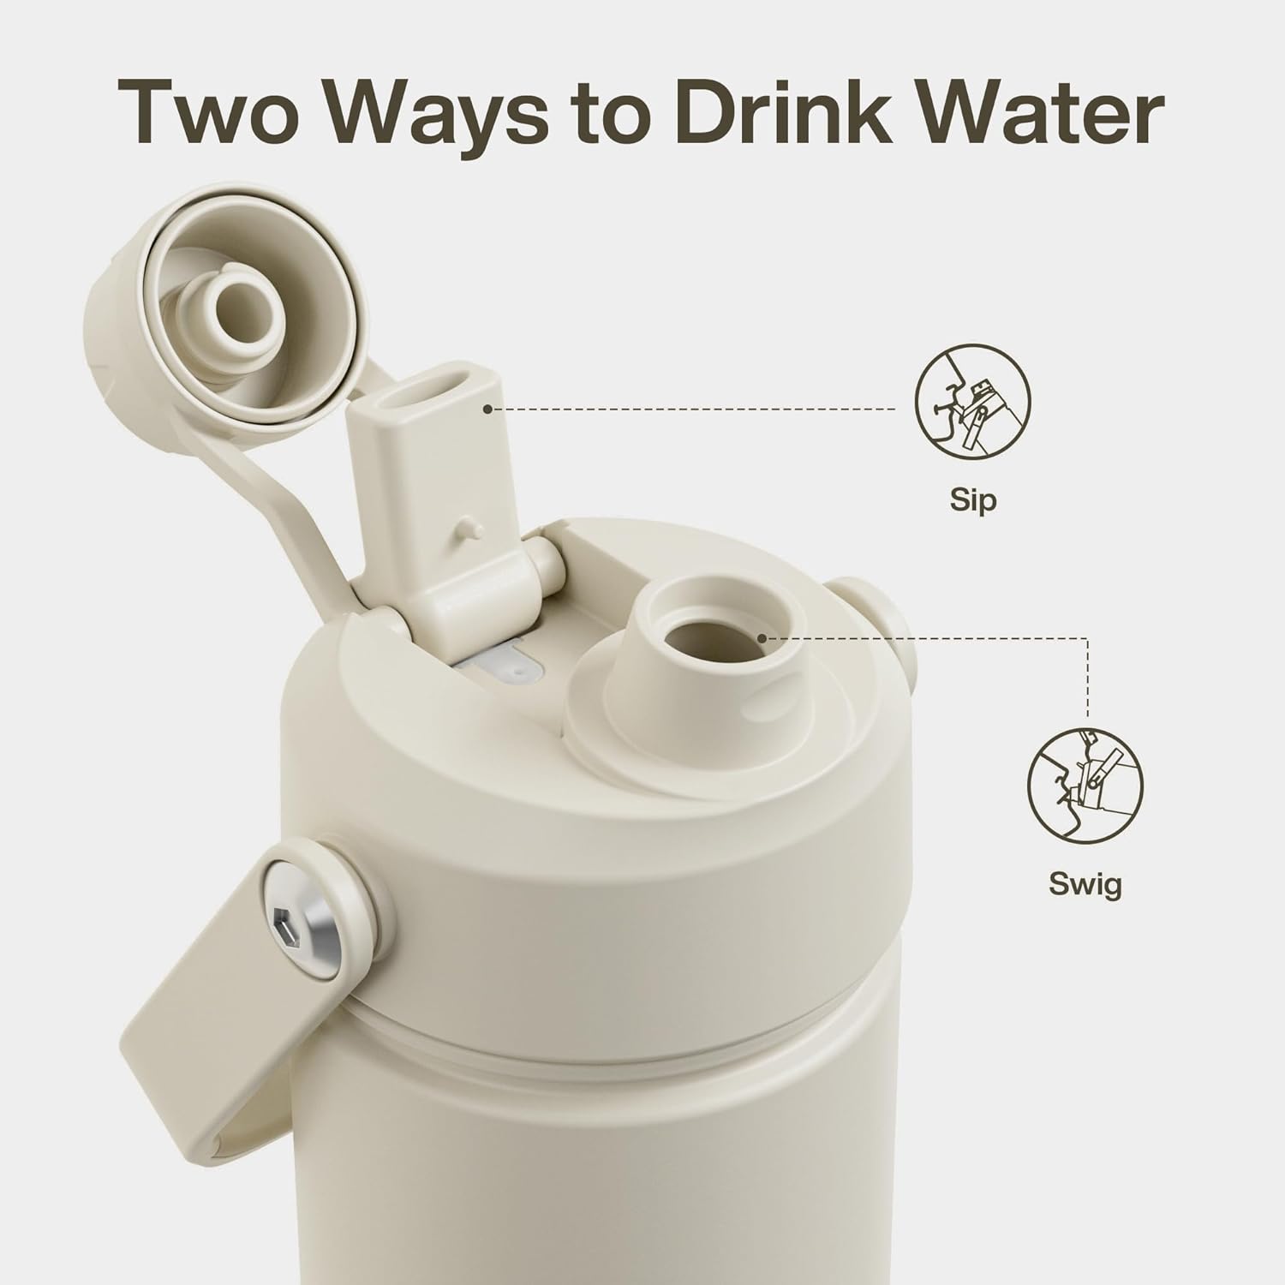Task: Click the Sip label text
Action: [x=973, y=499]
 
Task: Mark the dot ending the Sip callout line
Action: [x=487, y=409]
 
